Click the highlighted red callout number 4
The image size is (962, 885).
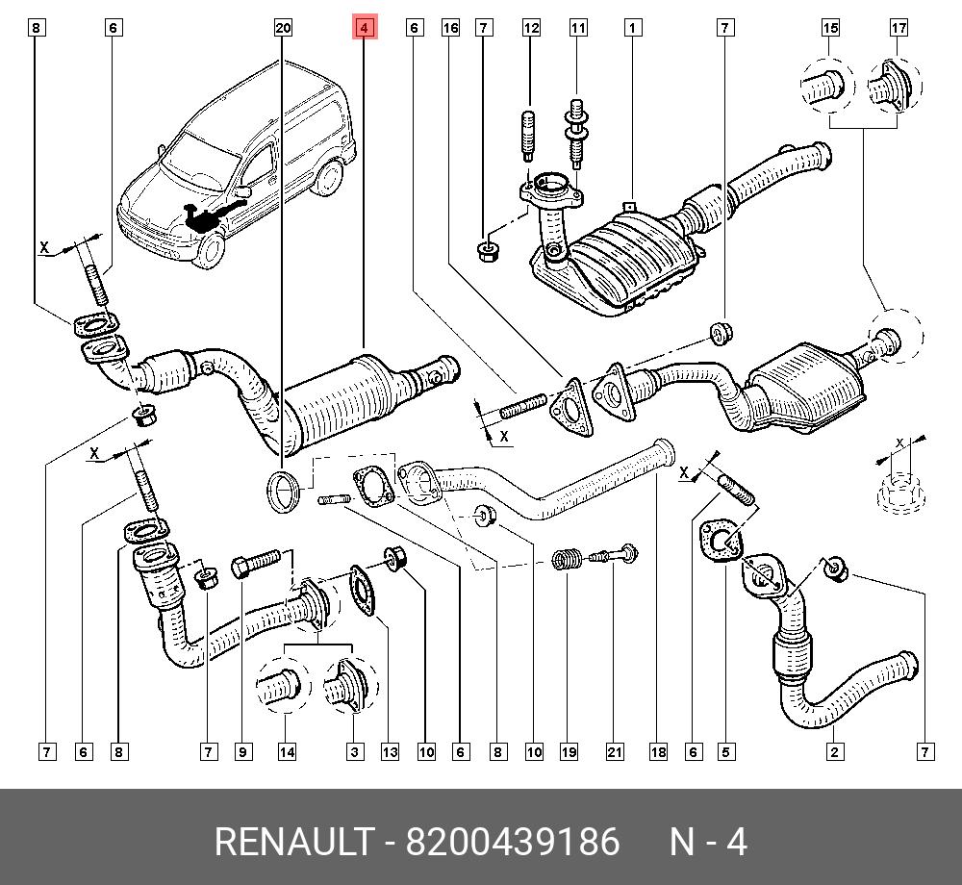pyautogui.click(x=364, y=29)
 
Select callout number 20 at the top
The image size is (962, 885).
pyautogui.click(x=283, y=29)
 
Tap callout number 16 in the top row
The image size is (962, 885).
pyautogui.click(x=450, y=29)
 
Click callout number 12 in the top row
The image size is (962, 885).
pyautogui.click(x=531, y=29)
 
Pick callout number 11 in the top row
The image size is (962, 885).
pyautogui.click(x=577, y=29)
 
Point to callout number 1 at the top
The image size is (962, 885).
pyautogui.click(x=632, y=29)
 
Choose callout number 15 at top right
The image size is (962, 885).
pyautogui.click(x=830, y=29)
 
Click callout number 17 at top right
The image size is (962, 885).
pyautogui.click(x=899, y=29)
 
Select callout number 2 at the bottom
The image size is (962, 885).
pyautogui.click(x=833, y=751)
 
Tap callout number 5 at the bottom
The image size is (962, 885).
pyautogui.click(x=726, y=751)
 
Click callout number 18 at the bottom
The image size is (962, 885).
pyautogui.click(x=657, y=751)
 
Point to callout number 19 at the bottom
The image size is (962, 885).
pyautogui.click(x=569, y=751)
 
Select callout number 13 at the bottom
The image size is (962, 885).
pyautogui.click(x=389, y=751)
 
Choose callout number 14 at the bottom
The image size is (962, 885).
pyautogui.click(x=287, y=751)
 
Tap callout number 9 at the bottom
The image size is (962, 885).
pyautogui.click(x=243, y=751)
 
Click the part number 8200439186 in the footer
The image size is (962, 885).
pyautogui.click(x=513, y=842)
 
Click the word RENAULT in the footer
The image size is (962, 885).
pyautogui.click(x=292, y=842)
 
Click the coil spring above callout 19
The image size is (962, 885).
pyautogui.click(x=568, y=559)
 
